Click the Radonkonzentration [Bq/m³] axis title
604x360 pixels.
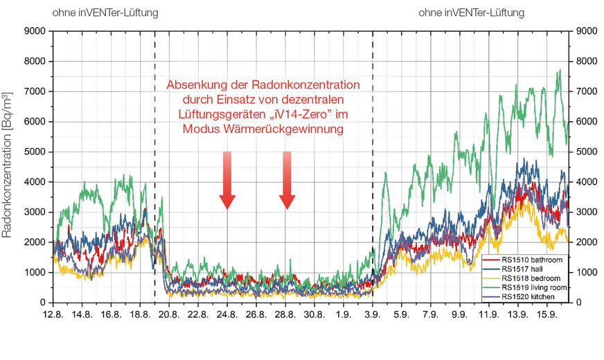10,166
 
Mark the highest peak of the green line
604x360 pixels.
559,70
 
